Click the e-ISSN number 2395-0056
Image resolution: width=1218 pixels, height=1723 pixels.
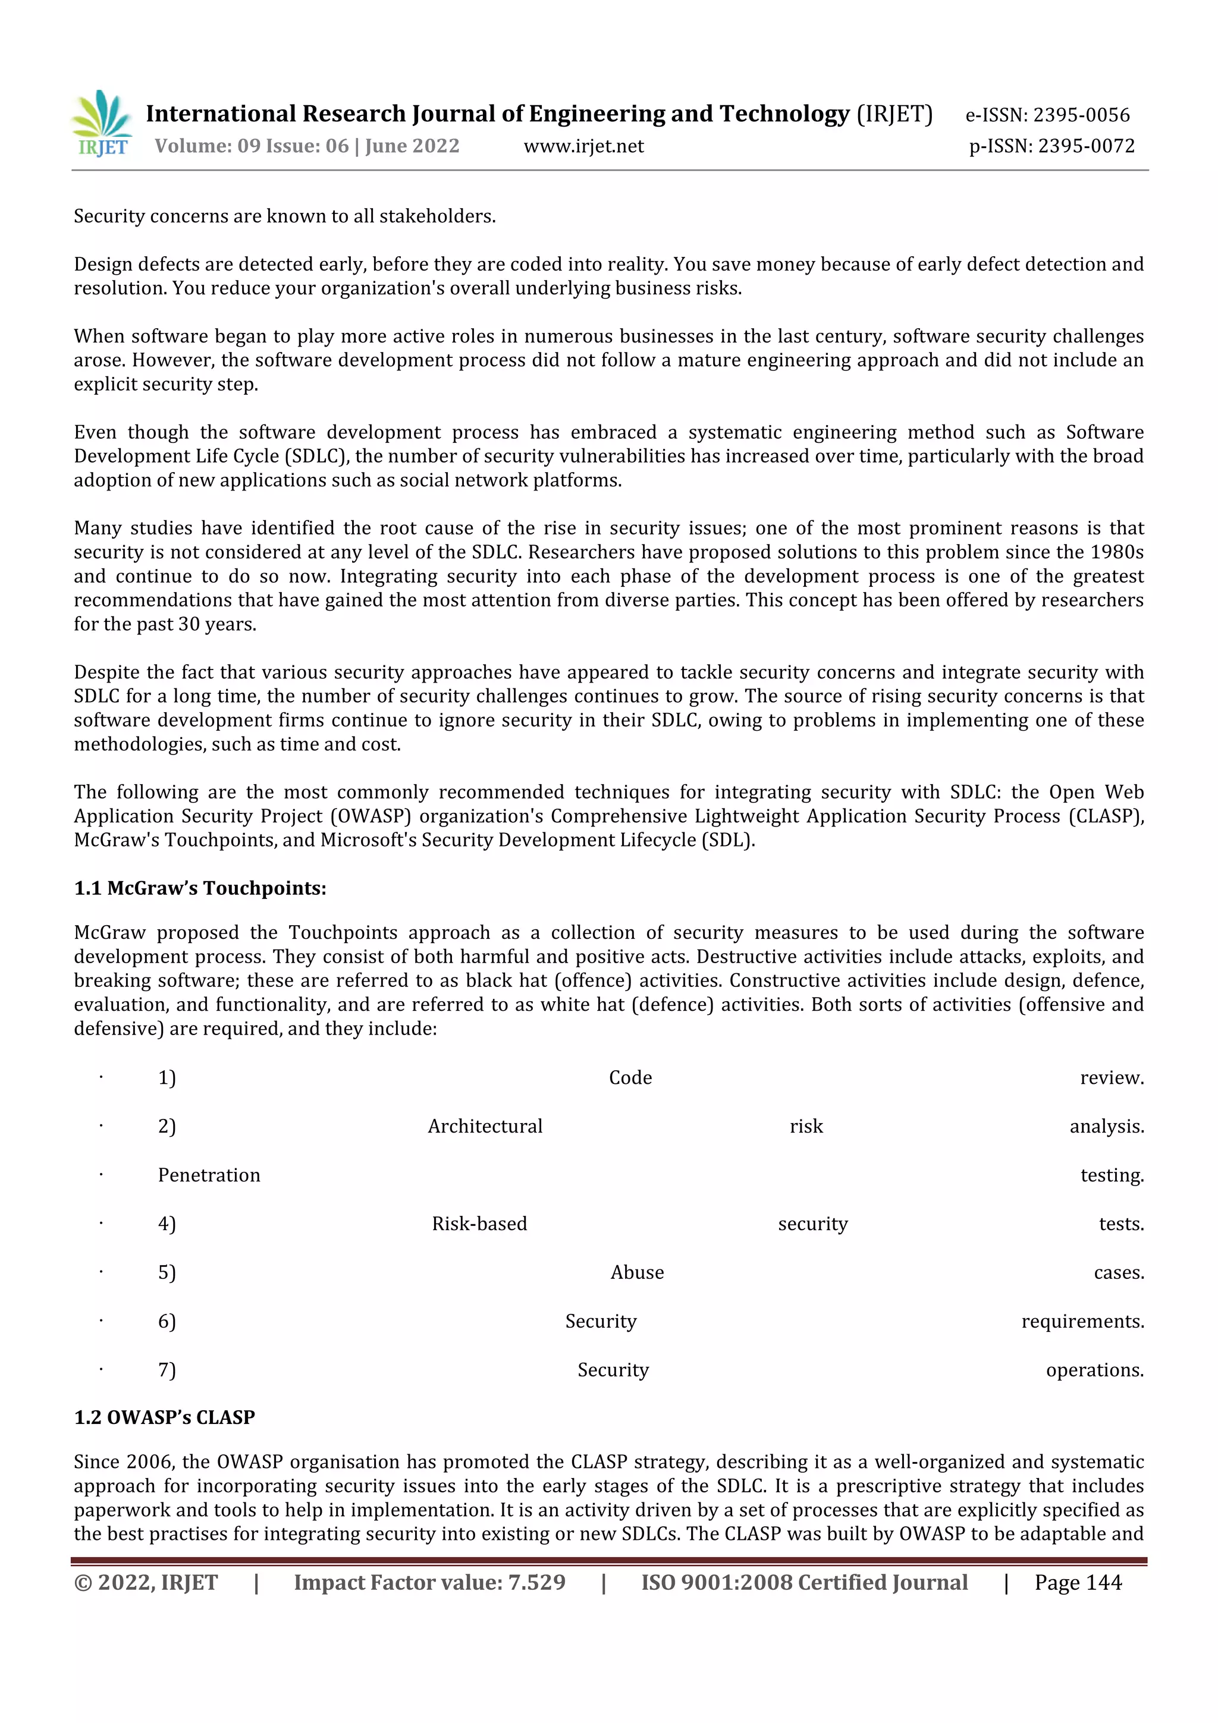[1081, 115]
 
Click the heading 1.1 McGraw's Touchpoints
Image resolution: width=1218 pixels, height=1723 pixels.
[200, 888]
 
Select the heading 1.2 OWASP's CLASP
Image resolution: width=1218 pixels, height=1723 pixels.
[164, 1417]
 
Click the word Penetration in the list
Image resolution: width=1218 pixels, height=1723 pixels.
[209, 1175]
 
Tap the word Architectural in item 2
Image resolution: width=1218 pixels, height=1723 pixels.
[485, 1127]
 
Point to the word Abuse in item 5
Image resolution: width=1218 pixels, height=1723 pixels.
[636, 1273]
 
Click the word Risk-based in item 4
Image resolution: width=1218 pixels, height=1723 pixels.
[479, 1224]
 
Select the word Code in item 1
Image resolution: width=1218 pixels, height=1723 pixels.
[630, 1078]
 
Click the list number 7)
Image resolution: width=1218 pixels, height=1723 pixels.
[167, 1370]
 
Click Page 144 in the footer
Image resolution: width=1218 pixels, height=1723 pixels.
[1078, 1583]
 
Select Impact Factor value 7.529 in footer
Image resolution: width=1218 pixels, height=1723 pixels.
[429, 1583]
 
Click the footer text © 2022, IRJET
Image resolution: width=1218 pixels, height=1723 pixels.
[146, 1583]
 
